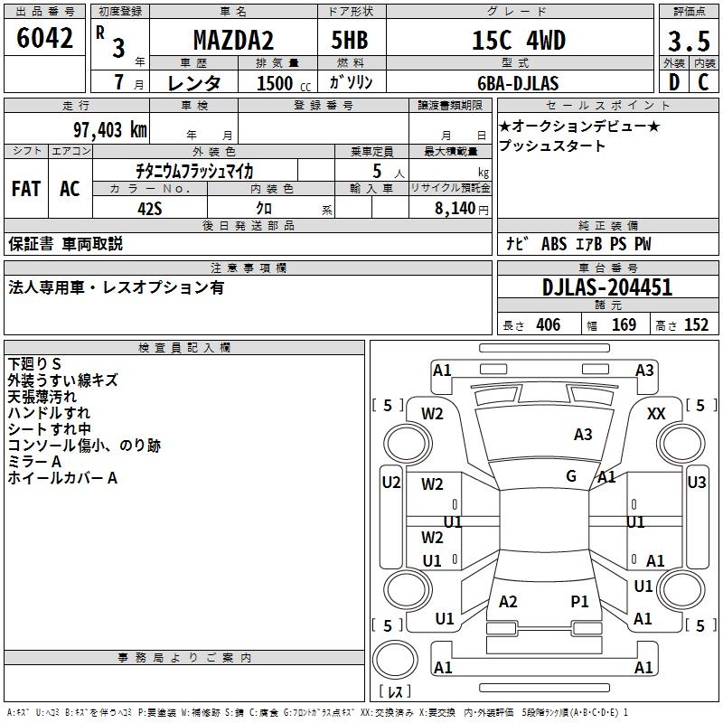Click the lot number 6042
45,39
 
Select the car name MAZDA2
234,41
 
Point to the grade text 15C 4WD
520,41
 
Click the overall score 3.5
688,42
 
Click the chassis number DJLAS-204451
607,287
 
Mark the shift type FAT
26,189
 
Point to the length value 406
547,325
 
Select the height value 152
696,325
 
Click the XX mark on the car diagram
656,413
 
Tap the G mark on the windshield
571,475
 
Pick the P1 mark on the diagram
579,601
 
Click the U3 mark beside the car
696,482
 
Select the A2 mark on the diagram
508,602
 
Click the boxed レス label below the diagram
395,692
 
